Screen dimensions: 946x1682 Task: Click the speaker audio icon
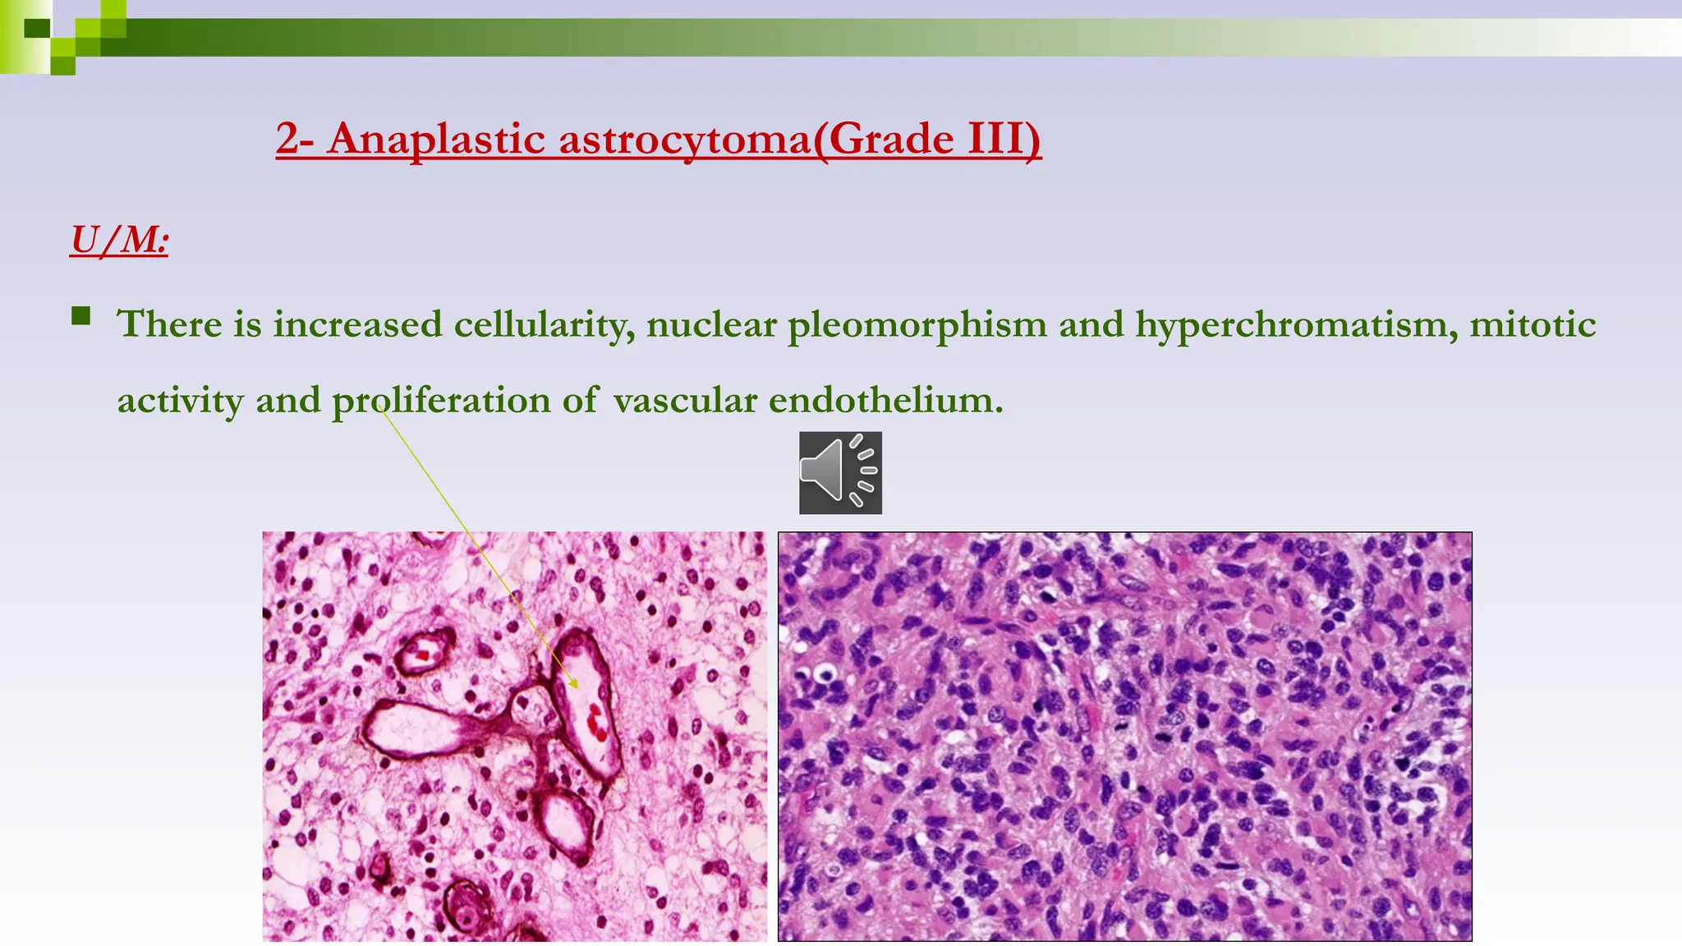pos(840,473)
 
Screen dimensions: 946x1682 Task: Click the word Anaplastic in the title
pos(436,138)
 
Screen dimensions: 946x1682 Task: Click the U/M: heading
pos(119,241)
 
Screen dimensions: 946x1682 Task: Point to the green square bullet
pos(80,316)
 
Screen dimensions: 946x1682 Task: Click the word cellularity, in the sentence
pos(544,324)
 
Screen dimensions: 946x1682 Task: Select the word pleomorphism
pos(917,325)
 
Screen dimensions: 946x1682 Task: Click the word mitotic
pos(1533,324)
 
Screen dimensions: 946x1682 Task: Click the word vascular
pos(685,401)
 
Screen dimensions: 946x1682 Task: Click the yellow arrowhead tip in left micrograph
pos(576,686)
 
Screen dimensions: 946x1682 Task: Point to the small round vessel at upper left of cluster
pos(423,651)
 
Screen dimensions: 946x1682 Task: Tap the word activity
pos(180,401)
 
